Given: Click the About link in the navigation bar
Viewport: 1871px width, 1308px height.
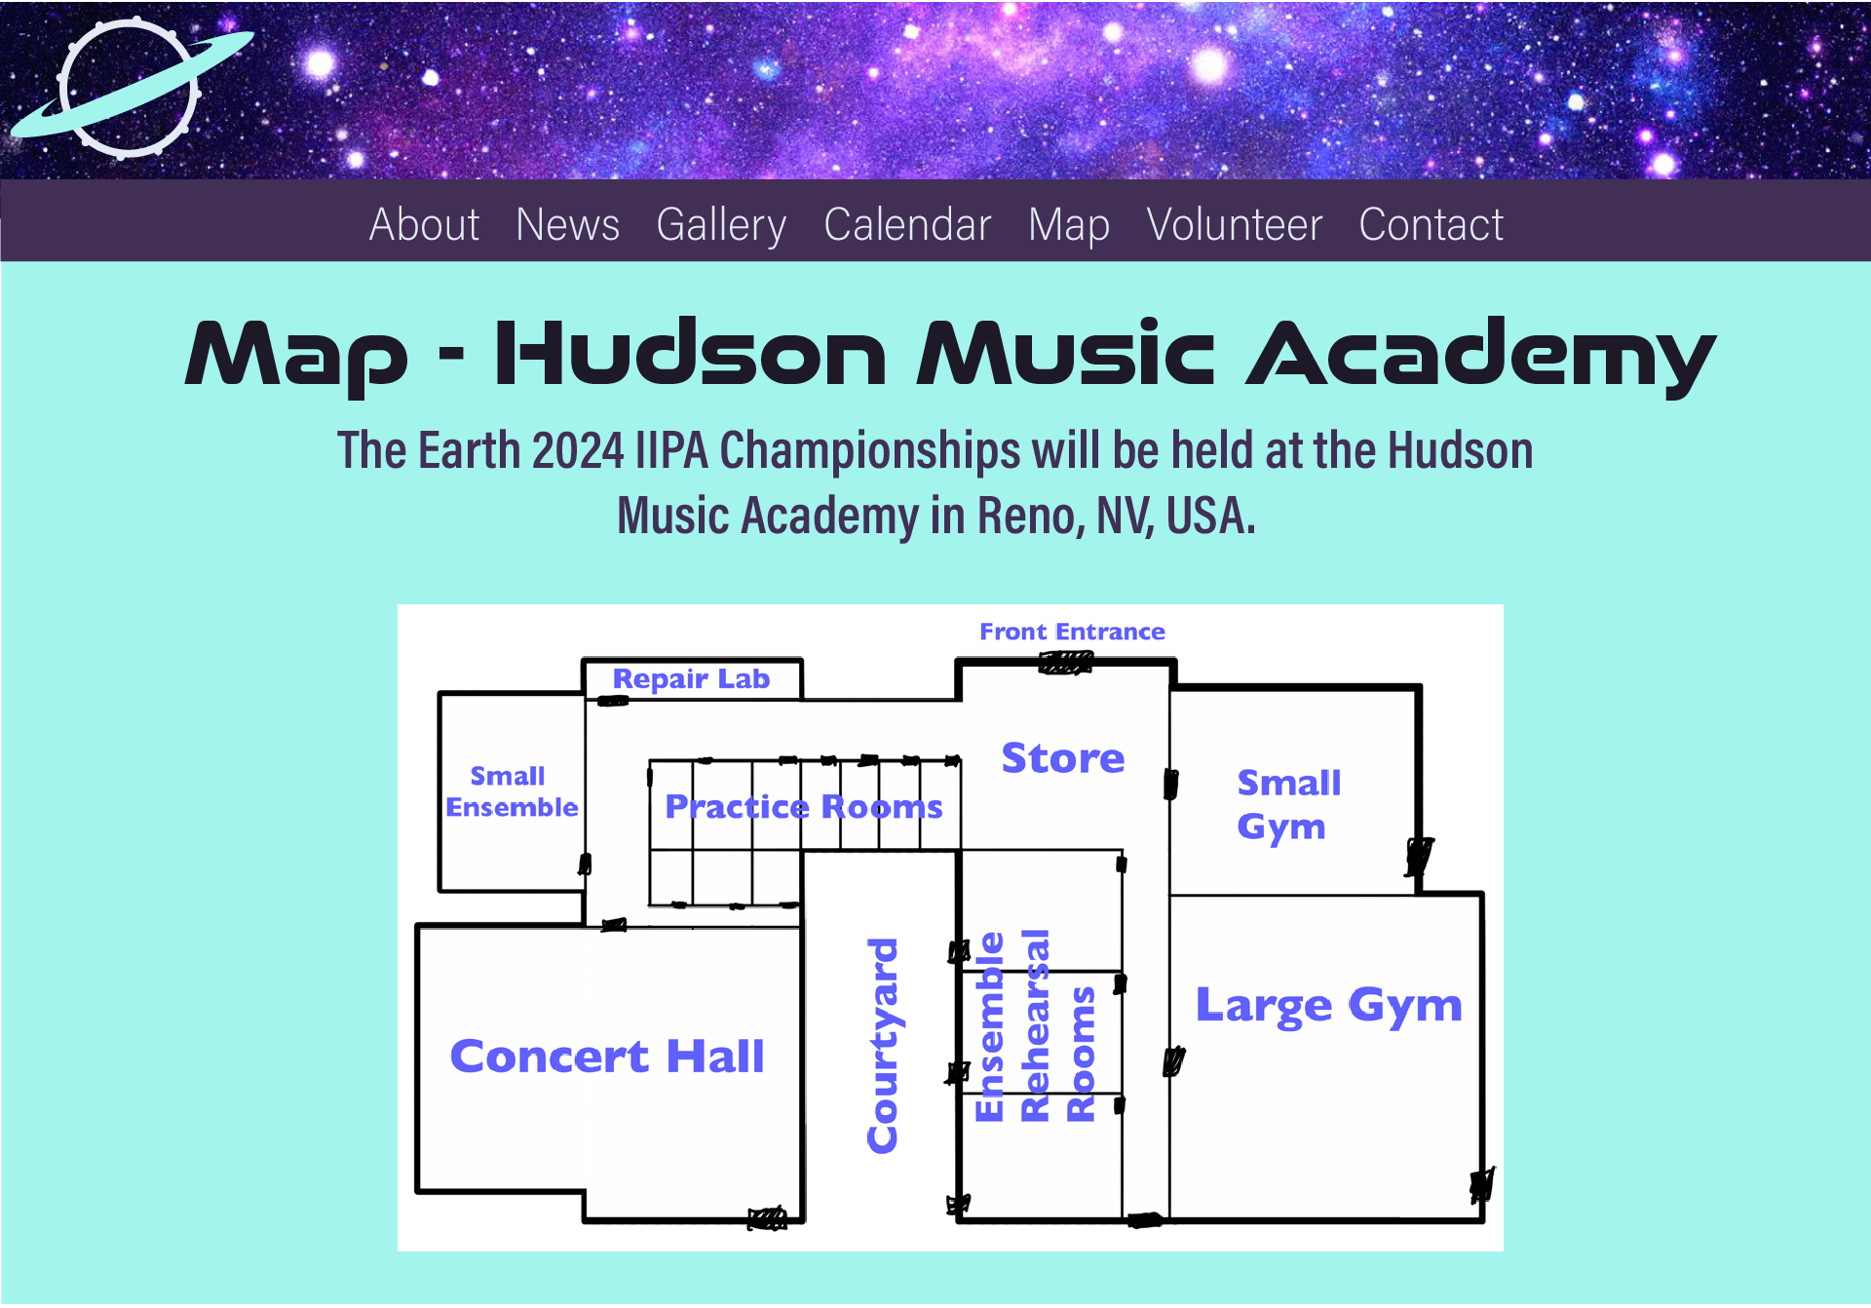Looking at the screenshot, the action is point(424,224).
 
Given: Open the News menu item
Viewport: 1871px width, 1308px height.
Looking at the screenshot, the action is point(567,224).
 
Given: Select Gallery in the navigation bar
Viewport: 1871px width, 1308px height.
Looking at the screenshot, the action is point(721,226).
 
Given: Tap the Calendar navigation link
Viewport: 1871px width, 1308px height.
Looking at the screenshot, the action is point(907,224).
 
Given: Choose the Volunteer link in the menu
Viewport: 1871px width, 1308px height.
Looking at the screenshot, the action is point(1234,224).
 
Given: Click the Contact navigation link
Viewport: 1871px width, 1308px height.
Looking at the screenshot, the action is point(1431,224).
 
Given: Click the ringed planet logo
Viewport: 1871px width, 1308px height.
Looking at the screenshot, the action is point(131,88).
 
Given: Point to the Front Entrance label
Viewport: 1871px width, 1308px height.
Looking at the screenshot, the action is point(1072,632).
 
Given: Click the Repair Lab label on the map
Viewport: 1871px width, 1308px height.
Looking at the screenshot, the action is point(691,678).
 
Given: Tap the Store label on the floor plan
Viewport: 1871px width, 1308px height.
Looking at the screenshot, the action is point(1063,758).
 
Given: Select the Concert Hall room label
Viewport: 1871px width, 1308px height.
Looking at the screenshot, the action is point(607,1057).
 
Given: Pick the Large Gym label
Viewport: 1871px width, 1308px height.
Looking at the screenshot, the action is point(1329,1006).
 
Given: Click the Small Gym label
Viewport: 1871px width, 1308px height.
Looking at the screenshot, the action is point(1288,804).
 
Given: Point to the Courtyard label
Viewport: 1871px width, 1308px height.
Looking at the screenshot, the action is point(883,1046).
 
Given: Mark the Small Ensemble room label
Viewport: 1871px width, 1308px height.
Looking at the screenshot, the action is point(512,791).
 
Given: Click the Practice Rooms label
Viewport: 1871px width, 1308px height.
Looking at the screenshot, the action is point(804,807).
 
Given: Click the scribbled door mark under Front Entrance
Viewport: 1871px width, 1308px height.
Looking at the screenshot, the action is point(1065,664).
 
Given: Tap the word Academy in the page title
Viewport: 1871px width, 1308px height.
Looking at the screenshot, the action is point(1481,354).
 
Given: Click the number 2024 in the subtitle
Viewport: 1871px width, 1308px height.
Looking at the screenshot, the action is point(578,451).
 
